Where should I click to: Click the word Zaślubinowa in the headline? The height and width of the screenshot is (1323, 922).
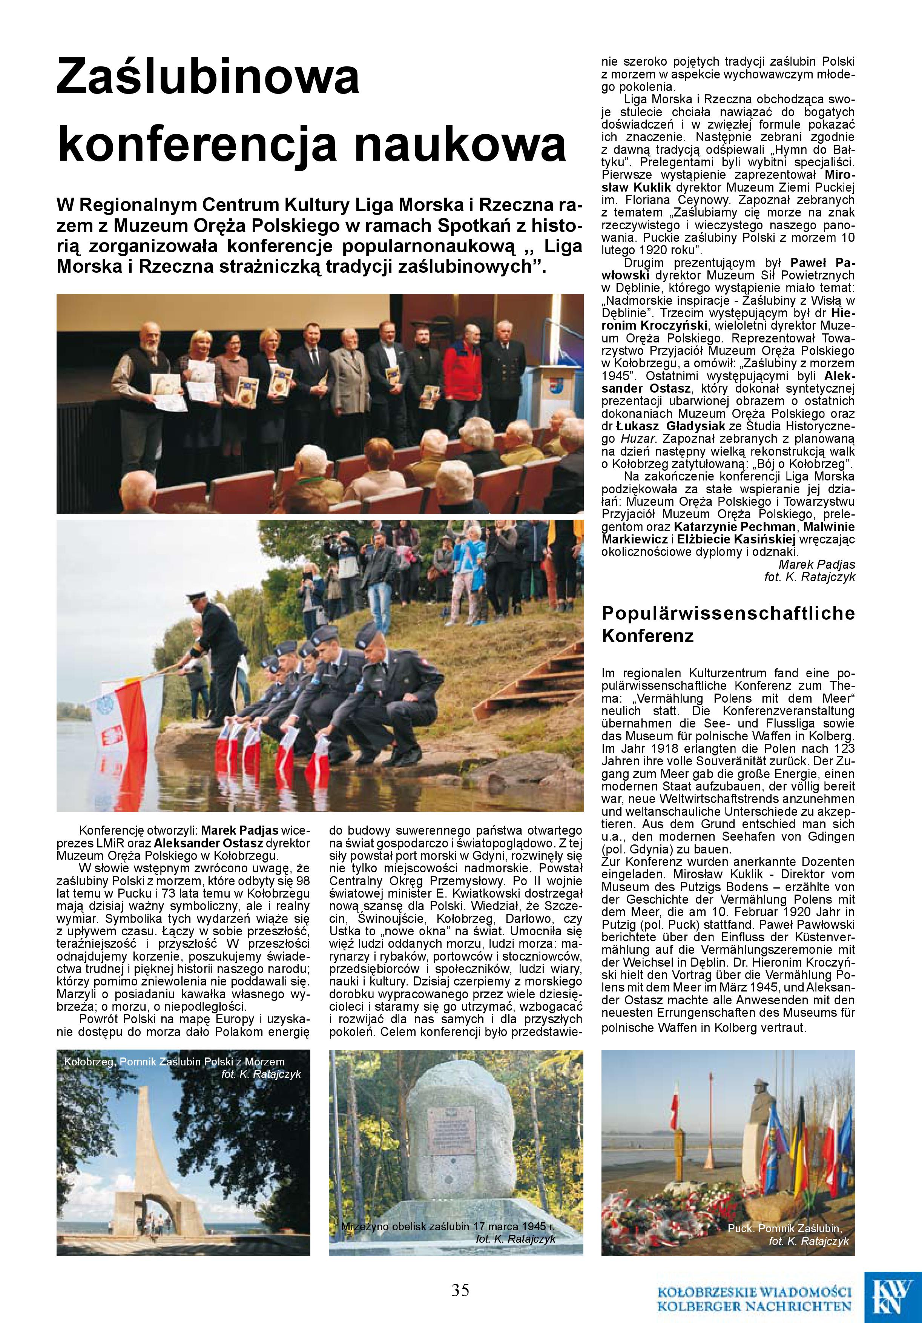tap(207, 78)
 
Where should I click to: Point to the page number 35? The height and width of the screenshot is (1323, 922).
tap(460, 1289)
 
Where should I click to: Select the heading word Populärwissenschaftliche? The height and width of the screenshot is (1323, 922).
tap(728, 613)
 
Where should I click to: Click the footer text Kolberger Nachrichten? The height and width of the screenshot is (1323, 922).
tap(754, 1302)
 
